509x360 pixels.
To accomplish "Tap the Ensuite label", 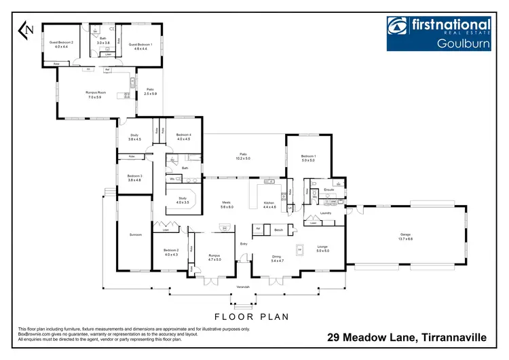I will (328, 190).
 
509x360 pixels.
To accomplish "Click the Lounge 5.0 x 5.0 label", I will (322, 249).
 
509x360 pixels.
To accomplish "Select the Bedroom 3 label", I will (134, 178).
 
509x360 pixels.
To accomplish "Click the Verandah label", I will (243, 287).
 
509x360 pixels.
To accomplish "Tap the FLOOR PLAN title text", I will (251, 317).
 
